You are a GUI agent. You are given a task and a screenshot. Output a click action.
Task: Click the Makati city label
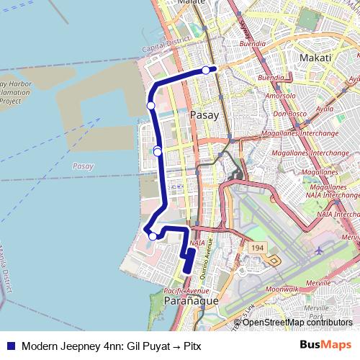[318, 58]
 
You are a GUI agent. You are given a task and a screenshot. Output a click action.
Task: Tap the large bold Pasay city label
[204, 114]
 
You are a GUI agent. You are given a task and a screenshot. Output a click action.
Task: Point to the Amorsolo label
[281, 95]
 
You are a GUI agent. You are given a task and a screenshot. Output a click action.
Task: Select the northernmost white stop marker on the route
[206, 70]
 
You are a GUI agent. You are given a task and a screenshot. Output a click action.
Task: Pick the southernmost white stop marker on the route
[153, 235]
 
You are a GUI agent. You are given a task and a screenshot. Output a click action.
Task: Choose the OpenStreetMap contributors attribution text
[296, 323]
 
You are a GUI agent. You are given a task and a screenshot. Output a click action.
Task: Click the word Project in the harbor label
[11, 102]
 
